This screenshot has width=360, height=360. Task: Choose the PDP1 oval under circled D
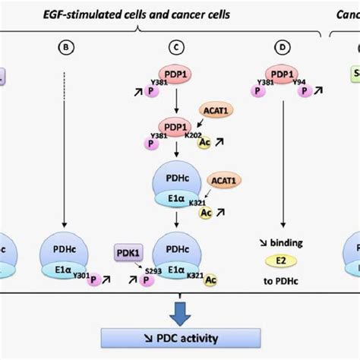tap(283, 77)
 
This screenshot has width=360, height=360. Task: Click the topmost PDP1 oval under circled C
tap(176, 77)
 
